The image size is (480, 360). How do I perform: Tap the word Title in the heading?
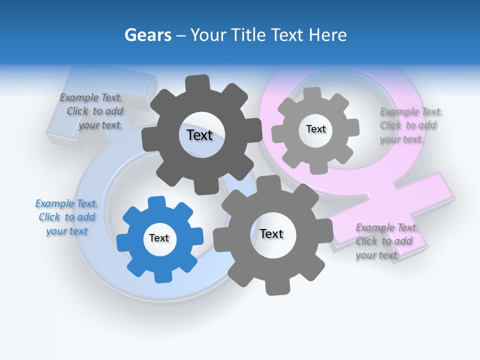point(249,35)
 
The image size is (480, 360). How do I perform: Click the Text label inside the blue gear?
point(159,238)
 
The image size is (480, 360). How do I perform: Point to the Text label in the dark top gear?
point(199,135)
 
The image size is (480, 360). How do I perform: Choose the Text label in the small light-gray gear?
point(315,129)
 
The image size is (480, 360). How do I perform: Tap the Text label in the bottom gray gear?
point(271,233)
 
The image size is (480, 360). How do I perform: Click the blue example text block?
point(67,217)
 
